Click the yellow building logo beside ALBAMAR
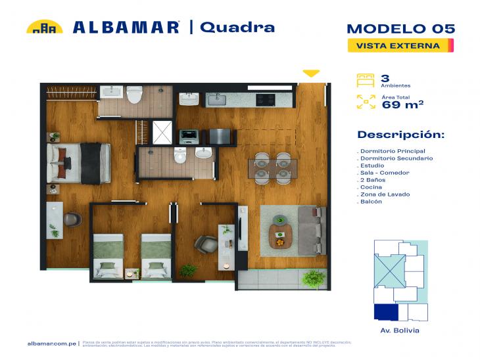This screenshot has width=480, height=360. [x=44, y=27]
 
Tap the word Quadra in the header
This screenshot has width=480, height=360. [x=237, y=27]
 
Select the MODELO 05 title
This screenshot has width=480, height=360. [x=400, y=29]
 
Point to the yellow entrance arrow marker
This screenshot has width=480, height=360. [x=311, y=73]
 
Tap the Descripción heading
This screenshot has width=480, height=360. [x=400, y=135]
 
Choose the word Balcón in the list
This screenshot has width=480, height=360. [x=372, y=202]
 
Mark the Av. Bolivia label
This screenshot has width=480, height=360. [x=400, y=330]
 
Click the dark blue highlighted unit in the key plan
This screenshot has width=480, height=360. [x=385, y=312]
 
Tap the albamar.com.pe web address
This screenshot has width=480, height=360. [x=52, y=343]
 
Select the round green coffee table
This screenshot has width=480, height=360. [x=281, y=234]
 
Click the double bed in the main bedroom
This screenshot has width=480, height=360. [x=78, y=163]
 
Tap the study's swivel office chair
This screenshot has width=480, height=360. [x=204, y=244]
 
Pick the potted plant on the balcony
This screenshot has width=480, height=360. [x=314, y=279]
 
